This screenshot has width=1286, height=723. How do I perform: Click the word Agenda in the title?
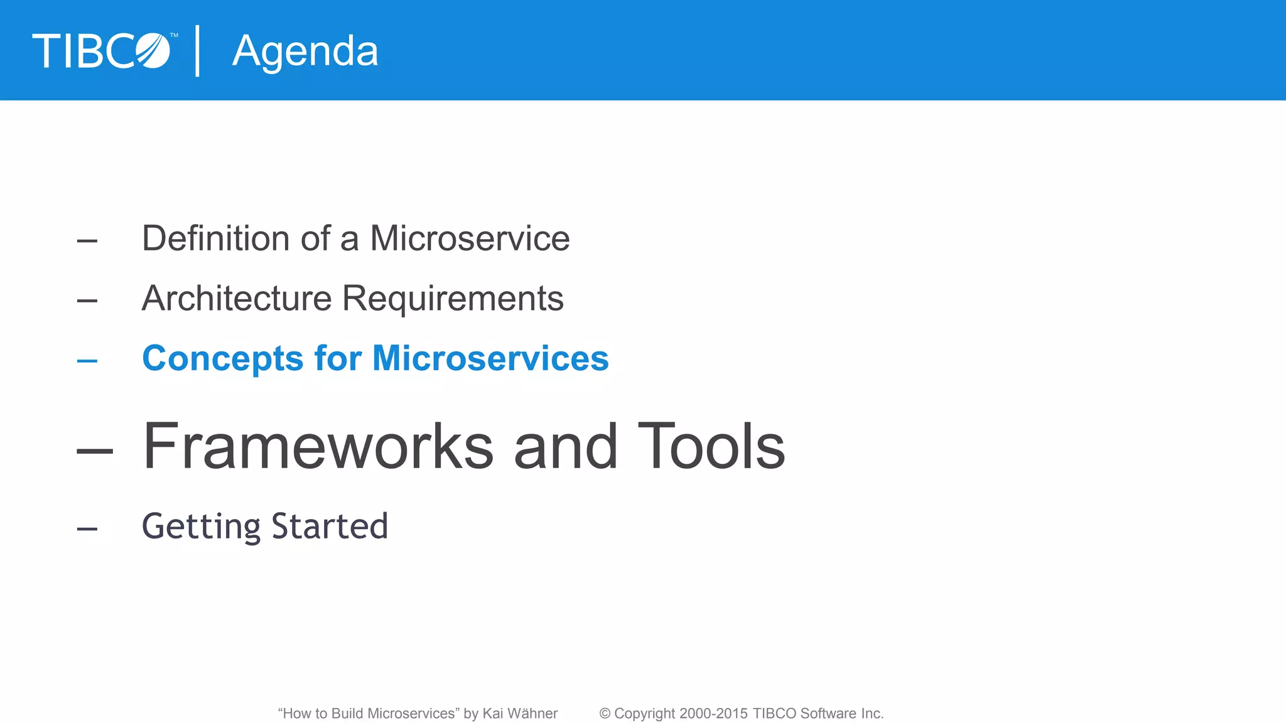click(x=305, y=51)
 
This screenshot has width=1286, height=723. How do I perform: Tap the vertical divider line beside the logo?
click(x=198, y=51)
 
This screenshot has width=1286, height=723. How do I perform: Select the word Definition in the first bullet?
click(x=215, y=238)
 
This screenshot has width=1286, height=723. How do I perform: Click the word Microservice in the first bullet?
click(x=470, y=238)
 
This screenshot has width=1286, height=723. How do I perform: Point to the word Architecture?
click(x=236, y=298)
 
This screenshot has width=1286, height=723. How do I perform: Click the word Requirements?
click(x=453, y=298)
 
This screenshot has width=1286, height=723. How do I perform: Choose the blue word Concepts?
click(x=223, y=359)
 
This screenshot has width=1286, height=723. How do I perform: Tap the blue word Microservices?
click(x=490, y=358)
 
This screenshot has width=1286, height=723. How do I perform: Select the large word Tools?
click(x=711, y=446)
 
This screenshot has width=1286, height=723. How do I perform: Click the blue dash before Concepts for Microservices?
click(x=87, y=361)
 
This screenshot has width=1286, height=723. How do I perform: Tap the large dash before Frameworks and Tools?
click(x=95, y=450)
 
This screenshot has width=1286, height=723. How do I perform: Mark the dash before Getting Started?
click(x=87, y=529)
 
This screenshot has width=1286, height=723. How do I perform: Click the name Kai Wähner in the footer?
click(x=519, y=714)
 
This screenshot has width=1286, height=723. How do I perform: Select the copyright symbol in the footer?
click(x=605, y=714)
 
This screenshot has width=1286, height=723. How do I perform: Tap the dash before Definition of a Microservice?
click(x=87, y=241)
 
